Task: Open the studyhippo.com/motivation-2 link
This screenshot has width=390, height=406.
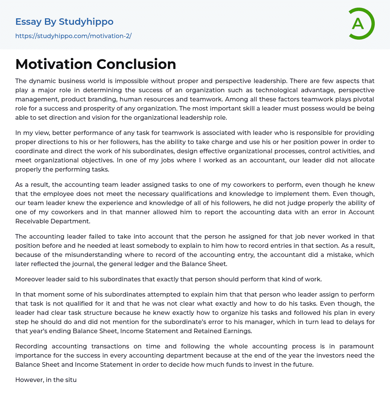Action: point(73,36)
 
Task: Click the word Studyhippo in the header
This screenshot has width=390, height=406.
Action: point(86,22)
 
